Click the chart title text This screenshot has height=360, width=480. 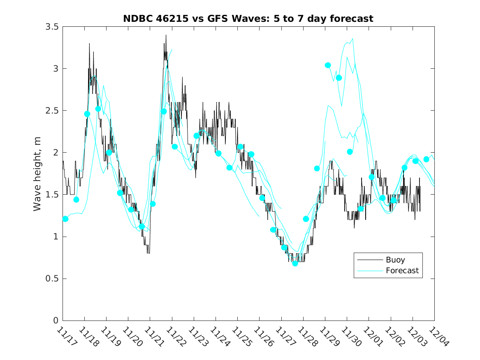coord(248,19)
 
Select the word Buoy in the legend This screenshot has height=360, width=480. coord(395,260)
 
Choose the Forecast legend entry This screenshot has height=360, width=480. coord(402,271)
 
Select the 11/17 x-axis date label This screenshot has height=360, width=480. coord(66,337)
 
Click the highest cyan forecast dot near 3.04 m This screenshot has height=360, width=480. coord(328,65)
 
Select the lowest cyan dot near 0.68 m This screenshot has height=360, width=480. coord(295,263)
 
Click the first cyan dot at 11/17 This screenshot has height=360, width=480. coord(65,219)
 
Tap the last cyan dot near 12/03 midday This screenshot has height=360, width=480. coord(427,159)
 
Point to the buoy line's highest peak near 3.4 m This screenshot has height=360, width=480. coord(166,35)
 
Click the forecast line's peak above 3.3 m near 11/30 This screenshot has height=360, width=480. coord(353,39)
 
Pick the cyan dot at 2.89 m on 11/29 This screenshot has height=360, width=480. coord(339,78)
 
